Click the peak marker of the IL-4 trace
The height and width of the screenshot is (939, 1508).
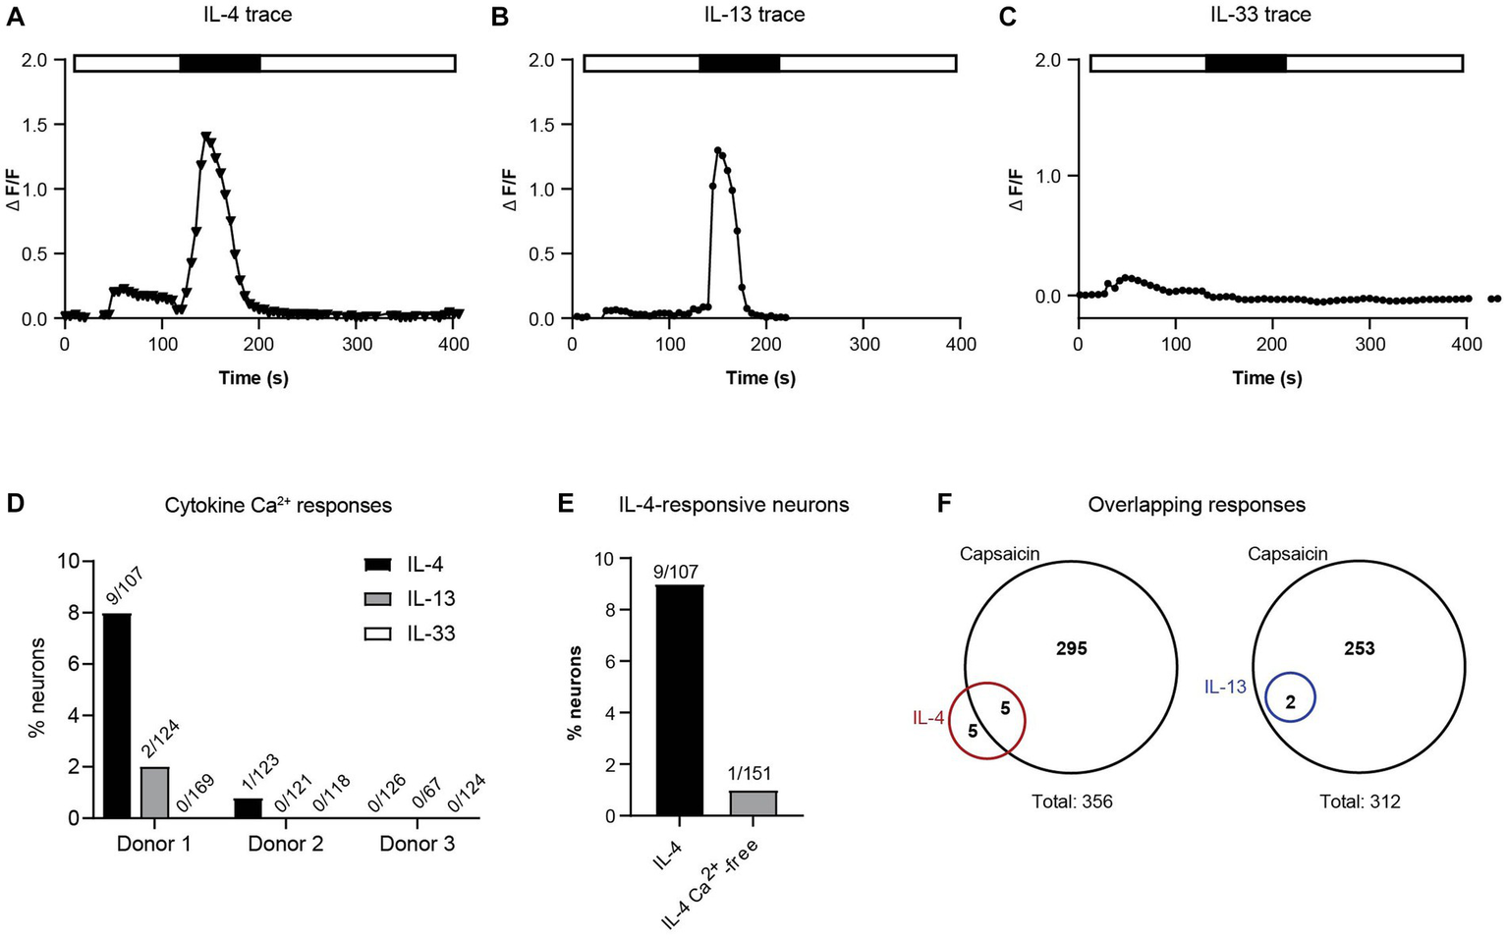[205, 138]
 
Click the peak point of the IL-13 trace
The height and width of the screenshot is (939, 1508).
[718, 151]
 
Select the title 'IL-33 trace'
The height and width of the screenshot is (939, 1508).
[1260, 15]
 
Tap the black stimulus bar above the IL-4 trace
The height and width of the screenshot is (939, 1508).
[220, 64]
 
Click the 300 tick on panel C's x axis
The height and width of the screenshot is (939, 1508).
[1369, 344]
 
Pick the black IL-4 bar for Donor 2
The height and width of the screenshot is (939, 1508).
[249, 807]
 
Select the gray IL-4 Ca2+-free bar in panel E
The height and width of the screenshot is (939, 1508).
[754, 802]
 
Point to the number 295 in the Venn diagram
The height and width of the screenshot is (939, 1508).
[1071, 648]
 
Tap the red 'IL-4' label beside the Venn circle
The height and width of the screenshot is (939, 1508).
[928, 718]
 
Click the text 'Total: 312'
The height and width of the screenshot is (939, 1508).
[1360, 802]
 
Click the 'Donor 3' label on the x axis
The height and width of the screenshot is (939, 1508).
[417, 844]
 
